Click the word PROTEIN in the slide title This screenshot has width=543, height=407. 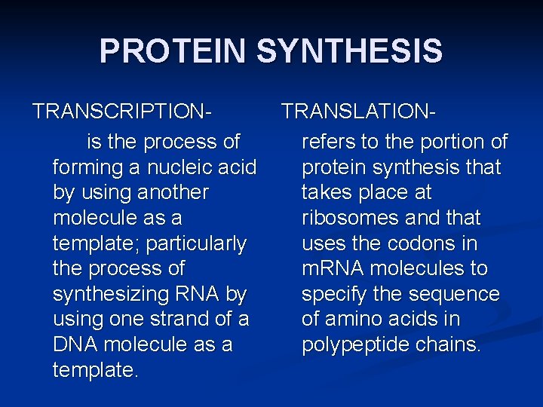(x=173, y=51)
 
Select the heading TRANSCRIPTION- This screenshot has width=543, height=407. (x=121, y=112)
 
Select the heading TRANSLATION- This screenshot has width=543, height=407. (x=359, y=112)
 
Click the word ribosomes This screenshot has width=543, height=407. (x=351, y=218)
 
